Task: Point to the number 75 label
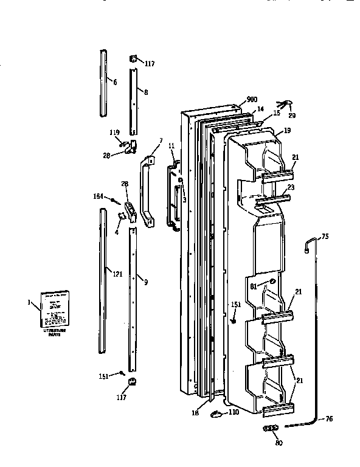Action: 324,237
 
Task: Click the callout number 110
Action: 233,412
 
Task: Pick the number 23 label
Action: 291,187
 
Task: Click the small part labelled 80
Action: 271,429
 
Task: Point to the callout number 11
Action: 171,147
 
